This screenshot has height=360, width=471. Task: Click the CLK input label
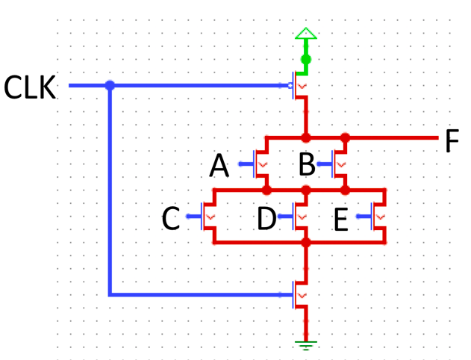30,87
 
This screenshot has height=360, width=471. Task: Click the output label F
452,141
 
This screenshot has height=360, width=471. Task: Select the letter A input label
219,166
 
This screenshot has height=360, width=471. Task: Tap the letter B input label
307,165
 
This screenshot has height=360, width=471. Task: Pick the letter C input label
172,220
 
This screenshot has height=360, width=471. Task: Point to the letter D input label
266,220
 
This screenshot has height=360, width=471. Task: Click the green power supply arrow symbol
305,34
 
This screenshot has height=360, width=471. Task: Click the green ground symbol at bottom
305,344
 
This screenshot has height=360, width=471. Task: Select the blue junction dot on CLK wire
110,86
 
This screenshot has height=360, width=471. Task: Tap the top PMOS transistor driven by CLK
300,86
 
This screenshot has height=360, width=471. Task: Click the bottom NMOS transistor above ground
300,294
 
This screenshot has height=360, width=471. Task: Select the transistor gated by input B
340,163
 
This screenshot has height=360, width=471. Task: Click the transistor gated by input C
210,217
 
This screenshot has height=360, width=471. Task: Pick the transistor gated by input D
300,217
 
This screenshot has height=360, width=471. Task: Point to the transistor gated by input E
379,217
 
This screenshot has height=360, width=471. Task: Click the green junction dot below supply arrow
305,59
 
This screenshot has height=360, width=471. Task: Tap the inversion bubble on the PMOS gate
291,86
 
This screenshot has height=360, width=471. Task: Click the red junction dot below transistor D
305,243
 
